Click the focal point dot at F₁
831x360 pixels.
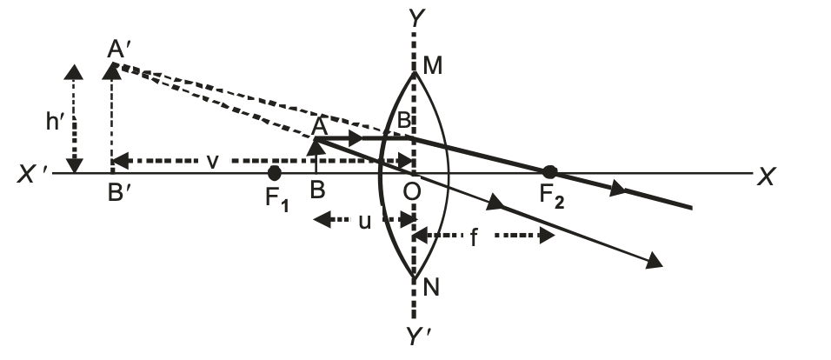pos(275,173)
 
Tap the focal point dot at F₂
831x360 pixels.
pos(548,172)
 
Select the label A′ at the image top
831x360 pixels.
pos(120,50)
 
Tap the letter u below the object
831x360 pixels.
pos(365,221)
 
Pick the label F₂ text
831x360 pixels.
pos(551,198)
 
